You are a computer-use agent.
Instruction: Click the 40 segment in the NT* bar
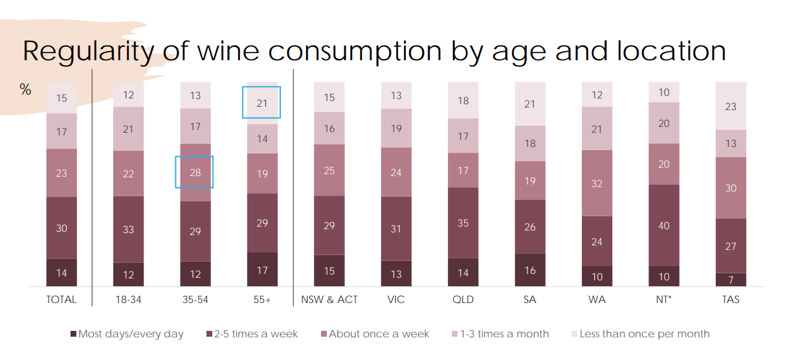(x=664, y=225)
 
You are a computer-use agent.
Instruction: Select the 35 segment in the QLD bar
(x=463, y=223)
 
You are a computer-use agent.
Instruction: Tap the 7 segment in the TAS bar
(x=731, y=279)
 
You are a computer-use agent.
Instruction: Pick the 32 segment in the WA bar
(x=597, y=183)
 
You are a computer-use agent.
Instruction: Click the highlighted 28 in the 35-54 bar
(x=195, y=172)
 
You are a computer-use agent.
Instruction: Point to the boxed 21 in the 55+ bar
(x=261, y=103)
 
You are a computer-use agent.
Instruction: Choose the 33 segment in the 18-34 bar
(x=128, y=229)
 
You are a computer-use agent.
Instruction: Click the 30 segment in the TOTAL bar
(x=61, y=228)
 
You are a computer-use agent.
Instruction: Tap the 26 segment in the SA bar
(x=530, y=227)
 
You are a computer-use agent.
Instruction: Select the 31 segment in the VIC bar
(x=396, y=229)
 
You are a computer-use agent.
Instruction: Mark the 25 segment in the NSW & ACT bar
(x=329, y=170)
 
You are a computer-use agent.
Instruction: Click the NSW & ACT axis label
(x=329, y=300)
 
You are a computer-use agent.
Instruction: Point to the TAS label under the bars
(x=731, y=300)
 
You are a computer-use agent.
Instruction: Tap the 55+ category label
(x=261, y=300)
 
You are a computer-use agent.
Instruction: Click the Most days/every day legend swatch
(x=74, y=334)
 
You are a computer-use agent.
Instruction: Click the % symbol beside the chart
(x=26, y=90)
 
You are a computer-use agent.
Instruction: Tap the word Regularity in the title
(x=87, y=51)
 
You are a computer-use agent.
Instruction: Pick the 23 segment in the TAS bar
(x=731, y=106)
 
